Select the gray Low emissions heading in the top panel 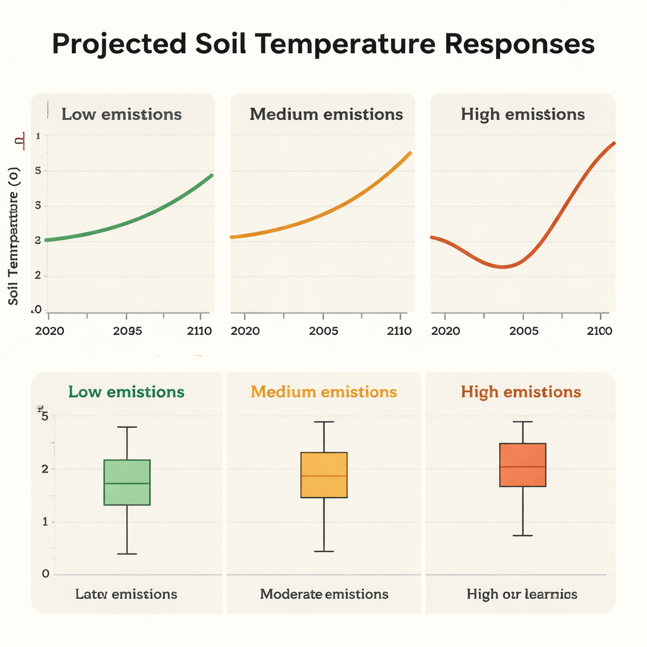click(x=121, y=114)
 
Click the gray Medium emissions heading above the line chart click(x=326, y=114)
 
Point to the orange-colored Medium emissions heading click(x=323, y=392)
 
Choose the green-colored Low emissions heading click(x=126, y=392)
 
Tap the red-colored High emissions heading click(x=521, y=392)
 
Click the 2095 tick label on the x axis click(x=126, y=330)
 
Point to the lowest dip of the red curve click(x=502, y=267)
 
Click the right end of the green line click(x=212, y=175)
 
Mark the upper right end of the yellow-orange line click(x=410, y=152)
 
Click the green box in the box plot click(x=127, y=482)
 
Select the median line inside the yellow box click(x=323, y=476)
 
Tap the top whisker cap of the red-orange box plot click(x=523, y=421)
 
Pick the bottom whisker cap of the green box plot click(x=127, y=554)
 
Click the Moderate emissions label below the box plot click(x=324, y=594)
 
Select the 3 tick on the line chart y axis click(x=38, y=205)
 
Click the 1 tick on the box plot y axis click(x=45, y=522)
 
